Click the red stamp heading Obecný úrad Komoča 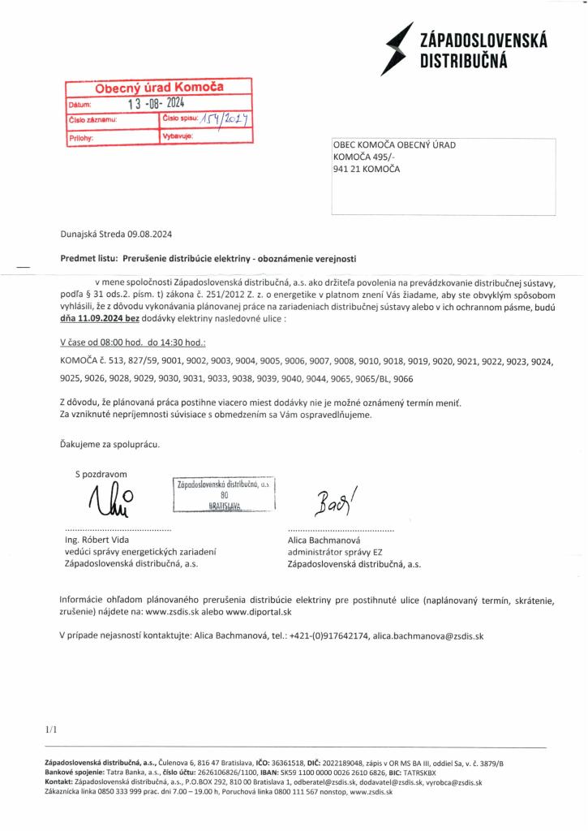(159, 87)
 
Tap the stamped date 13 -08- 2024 (157, 103)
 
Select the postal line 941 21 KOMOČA (367, 169)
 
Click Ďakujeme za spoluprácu (109, 444)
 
